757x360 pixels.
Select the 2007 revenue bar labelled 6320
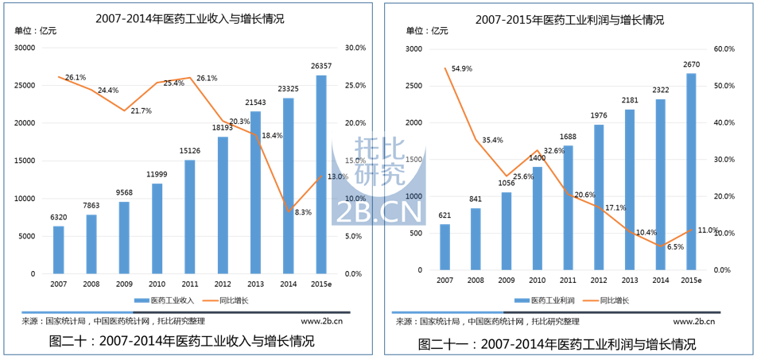59,250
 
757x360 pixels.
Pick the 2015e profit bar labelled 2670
691,172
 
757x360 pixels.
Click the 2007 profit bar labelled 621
444,247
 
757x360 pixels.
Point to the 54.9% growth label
462,68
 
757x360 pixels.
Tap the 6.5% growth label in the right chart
674,247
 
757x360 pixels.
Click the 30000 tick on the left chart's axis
26,48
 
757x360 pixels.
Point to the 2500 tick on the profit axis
413,86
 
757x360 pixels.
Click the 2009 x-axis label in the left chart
124,284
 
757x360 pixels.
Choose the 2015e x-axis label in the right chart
691,281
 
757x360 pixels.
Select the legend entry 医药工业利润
548,300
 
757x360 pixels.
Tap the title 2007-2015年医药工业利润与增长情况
569,19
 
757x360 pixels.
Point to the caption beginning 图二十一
557,344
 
